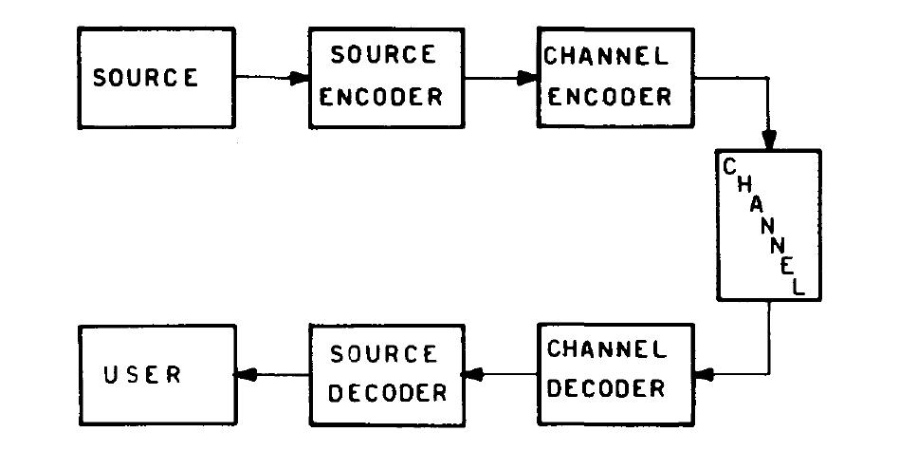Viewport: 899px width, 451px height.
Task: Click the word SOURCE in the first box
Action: [145, 78]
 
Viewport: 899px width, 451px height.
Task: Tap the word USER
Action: [142, 374]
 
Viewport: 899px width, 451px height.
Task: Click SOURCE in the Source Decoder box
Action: [383, 353]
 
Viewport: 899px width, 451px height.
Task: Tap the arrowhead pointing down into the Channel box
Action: [769, 141]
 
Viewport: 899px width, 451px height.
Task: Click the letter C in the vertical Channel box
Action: [730, 168]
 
